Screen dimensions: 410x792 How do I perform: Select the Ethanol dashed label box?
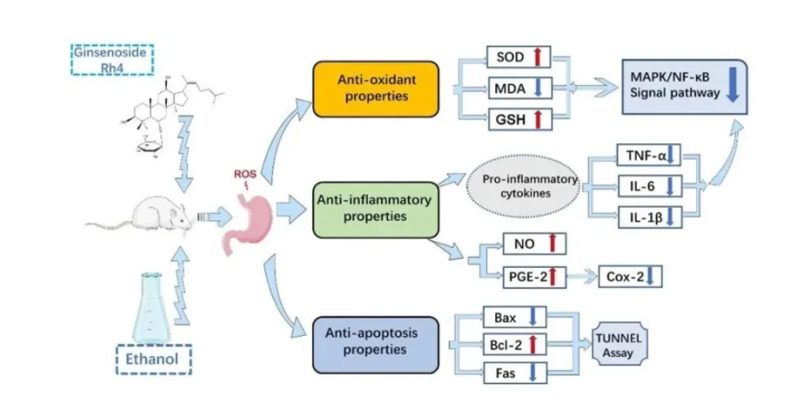(x=152, y=359)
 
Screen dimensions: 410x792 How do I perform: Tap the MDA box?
(x=518, y=89)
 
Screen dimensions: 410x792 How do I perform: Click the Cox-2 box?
(x=633, y=276)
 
